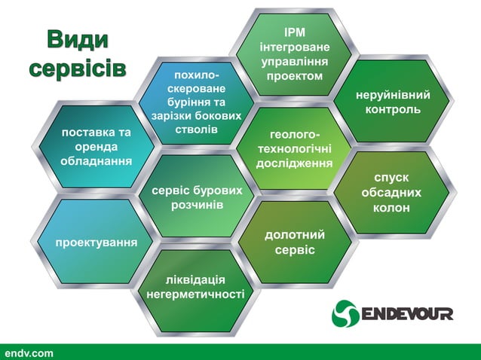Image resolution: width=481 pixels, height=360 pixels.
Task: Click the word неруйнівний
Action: (394, 96)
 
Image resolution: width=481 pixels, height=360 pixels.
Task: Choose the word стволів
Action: (196, 130)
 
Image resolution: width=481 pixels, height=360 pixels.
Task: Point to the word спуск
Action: (391, 178)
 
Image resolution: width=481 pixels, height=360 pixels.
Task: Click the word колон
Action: (391, 207)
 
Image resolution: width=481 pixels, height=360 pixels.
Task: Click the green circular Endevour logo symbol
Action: (344, 313)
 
